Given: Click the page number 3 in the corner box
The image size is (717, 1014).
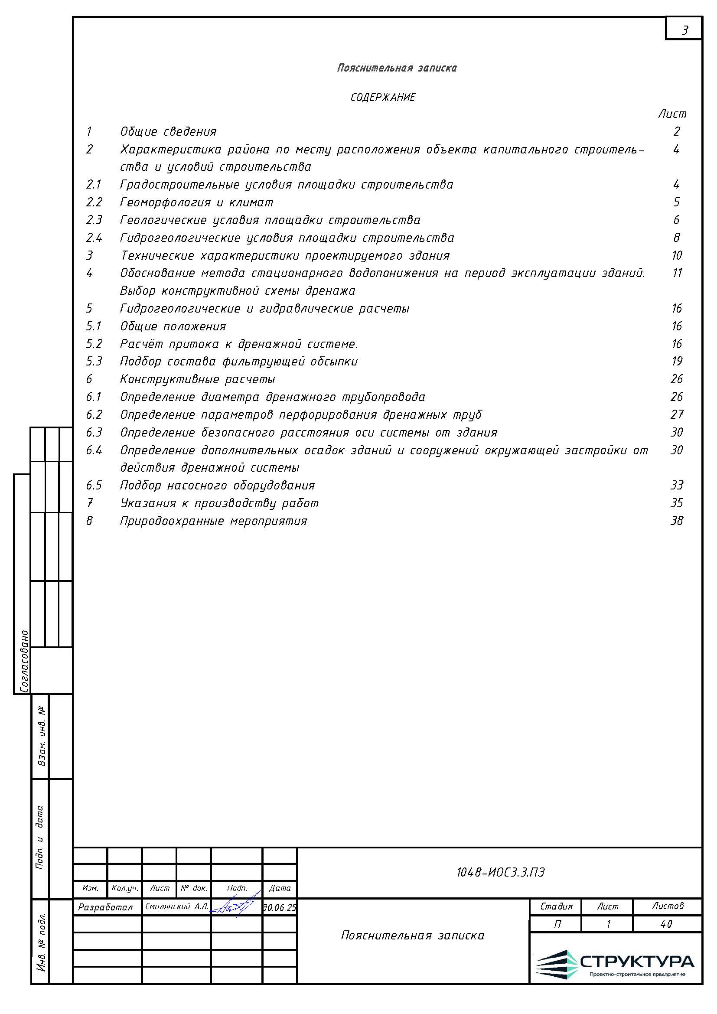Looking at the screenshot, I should pos(685,30).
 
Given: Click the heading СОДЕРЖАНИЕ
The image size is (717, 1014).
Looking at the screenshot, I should pos(383,98).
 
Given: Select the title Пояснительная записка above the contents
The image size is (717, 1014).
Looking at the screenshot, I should pos(397,68).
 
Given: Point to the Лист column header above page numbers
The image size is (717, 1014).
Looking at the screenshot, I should pos(672,114).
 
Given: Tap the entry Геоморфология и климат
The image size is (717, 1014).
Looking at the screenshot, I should pos(196,202).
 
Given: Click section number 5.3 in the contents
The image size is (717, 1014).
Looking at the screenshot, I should pos(94,361).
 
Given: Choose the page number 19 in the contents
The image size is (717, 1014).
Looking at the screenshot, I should pos(677,361).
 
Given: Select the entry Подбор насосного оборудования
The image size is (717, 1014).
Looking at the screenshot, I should pos(217,486).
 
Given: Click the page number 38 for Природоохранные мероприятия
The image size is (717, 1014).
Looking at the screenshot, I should pos(676,521).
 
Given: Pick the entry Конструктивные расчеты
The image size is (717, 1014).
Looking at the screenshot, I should pos(197,379).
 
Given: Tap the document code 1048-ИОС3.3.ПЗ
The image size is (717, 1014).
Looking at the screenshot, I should pos(500,872).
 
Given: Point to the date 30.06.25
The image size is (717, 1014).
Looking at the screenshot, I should pos(280,907).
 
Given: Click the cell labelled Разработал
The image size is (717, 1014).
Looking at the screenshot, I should pos(105,907).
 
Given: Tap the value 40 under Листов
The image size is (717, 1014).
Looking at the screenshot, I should pos(667,924).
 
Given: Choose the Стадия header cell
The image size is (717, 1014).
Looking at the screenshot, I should pos(556,906).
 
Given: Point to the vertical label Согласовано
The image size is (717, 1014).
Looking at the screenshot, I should pos(24,661).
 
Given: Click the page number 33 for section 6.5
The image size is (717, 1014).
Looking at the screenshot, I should pos(676,486).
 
